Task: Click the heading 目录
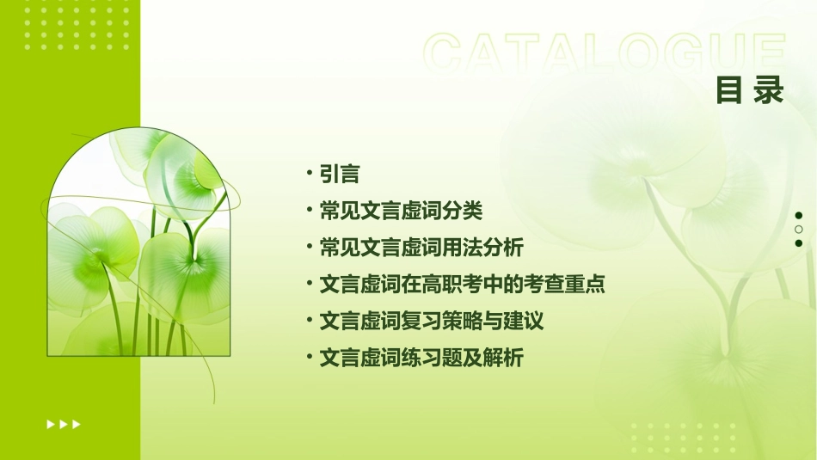click(x=750, y=90)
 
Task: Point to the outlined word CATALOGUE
click(x=605, y=54)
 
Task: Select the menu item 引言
click(x=339, y=175)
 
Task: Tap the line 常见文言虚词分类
click(x=401, y=211)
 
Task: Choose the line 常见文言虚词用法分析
click(x=421, y=248)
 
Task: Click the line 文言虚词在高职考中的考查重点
click(x=463, y=285)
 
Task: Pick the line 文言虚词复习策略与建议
click(x=432, y=322)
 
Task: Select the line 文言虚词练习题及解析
click(x=421, y=358)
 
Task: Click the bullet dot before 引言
click(x=309, y=174)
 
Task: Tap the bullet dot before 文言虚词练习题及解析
click(x=309, y=357)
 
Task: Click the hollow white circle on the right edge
click(x=799, y=230)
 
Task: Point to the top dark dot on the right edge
click(x=799, y=216)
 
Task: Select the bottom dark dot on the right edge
click(x=799, y=243)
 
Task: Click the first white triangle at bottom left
click(x=51, y=424)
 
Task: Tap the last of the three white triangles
click(x=77, y=424)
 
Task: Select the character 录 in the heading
click(x=769, y=90)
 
